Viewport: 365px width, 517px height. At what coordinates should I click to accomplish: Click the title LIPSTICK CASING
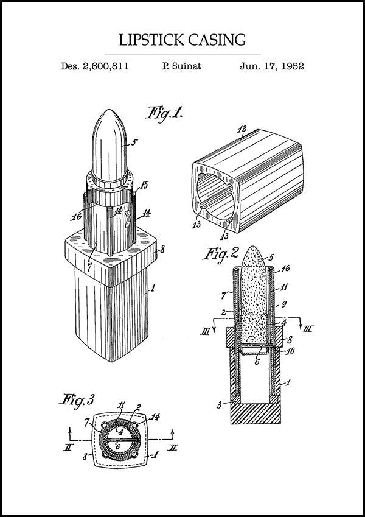point(182,40)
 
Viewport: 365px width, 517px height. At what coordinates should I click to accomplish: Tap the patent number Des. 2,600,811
point(94,66)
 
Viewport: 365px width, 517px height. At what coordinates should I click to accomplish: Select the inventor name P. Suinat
point(182,66)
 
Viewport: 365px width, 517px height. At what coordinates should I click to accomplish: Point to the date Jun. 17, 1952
point(271,66)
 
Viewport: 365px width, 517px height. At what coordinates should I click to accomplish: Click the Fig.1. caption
point(164,114)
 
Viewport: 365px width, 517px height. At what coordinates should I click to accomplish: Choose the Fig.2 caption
point(220,253)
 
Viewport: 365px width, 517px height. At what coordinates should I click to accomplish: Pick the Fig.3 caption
point(77,400)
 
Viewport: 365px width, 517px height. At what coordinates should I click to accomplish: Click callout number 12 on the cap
point(242,129)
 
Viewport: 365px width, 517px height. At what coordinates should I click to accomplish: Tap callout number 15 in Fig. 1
point(144,186)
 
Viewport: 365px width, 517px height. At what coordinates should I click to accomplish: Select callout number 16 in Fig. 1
point(76,217)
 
